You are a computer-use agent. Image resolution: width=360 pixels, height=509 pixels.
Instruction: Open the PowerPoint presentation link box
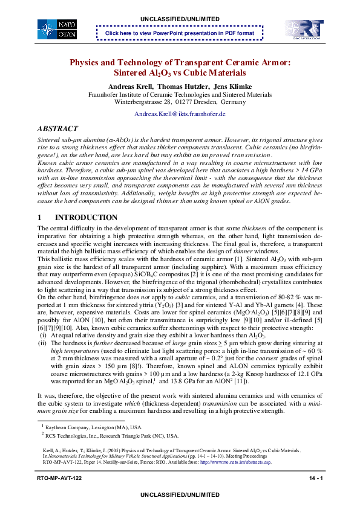click(180, 33)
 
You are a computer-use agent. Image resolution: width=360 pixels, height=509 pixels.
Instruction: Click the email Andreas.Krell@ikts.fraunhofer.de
click(180, 114)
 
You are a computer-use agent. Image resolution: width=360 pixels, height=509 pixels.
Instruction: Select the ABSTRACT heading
click(57, 129)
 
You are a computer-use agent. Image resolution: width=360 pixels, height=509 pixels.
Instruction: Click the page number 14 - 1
click(315, 479)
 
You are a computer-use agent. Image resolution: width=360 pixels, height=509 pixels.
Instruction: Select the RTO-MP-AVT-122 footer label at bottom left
click(59, 479)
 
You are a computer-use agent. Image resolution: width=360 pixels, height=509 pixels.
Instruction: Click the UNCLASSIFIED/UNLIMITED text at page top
click(180, 19)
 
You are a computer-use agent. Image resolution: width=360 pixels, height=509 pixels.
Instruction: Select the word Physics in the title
click(85, 63)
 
